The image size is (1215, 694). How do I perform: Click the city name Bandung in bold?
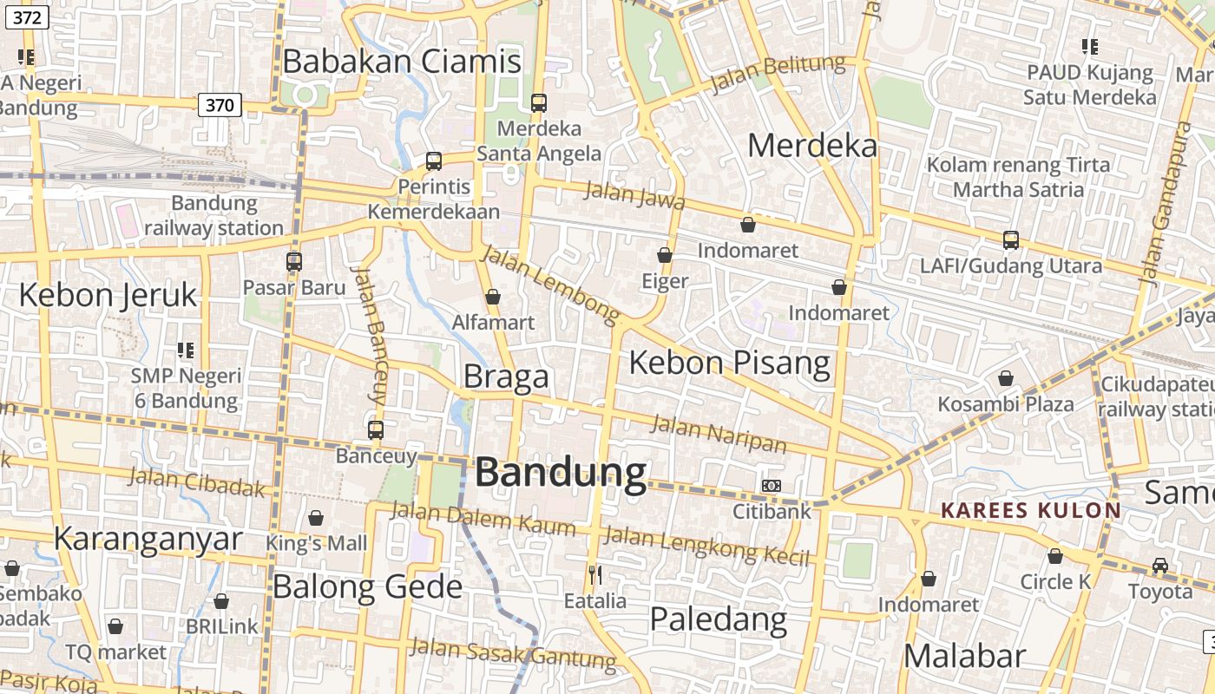[x=561, y=474]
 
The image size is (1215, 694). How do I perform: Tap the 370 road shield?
[x=220, y=106]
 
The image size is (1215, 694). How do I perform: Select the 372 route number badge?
[x=25, y=17]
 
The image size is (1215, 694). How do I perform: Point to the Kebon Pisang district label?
[x=729, y=362]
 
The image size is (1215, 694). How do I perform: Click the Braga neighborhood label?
[x=506, y=376]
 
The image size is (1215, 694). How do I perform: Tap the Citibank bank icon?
[x=771, y=486]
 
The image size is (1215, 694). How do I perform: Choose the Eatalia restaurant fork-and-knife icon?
[x=595, y=574]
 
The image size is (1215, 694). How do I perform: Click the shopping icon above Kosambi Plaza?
[x=1005, y=378]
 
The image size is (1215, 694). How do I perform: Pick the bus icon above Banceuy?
[x=376, y=429]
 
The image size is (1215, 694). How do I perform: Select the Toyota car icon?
[x=1160, y=566]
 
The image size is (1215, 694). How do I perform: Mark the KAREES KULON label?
[x=1031, y=510]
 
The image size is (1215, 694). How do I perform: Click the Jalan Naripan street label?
[x=719, y=435]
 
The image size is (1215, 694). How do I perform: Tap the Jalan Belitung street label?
[x=778, y=73]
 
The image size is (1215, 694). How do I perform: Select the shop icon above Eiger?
[x=665, y=255]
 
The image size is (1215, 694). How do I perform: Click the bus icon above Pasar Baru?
[x=294, y=261]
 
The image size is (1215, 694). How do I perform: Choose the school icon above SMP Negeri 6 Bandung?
[x=186, y=350]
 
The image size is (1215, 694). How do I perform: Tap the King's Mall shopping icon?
[x=316, y=518]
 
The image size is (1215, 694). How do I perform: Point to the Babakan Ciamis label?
[x=402, y=62]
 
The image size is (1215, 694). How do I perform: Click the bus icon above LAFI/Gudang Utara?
[x=1011, y=239]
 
